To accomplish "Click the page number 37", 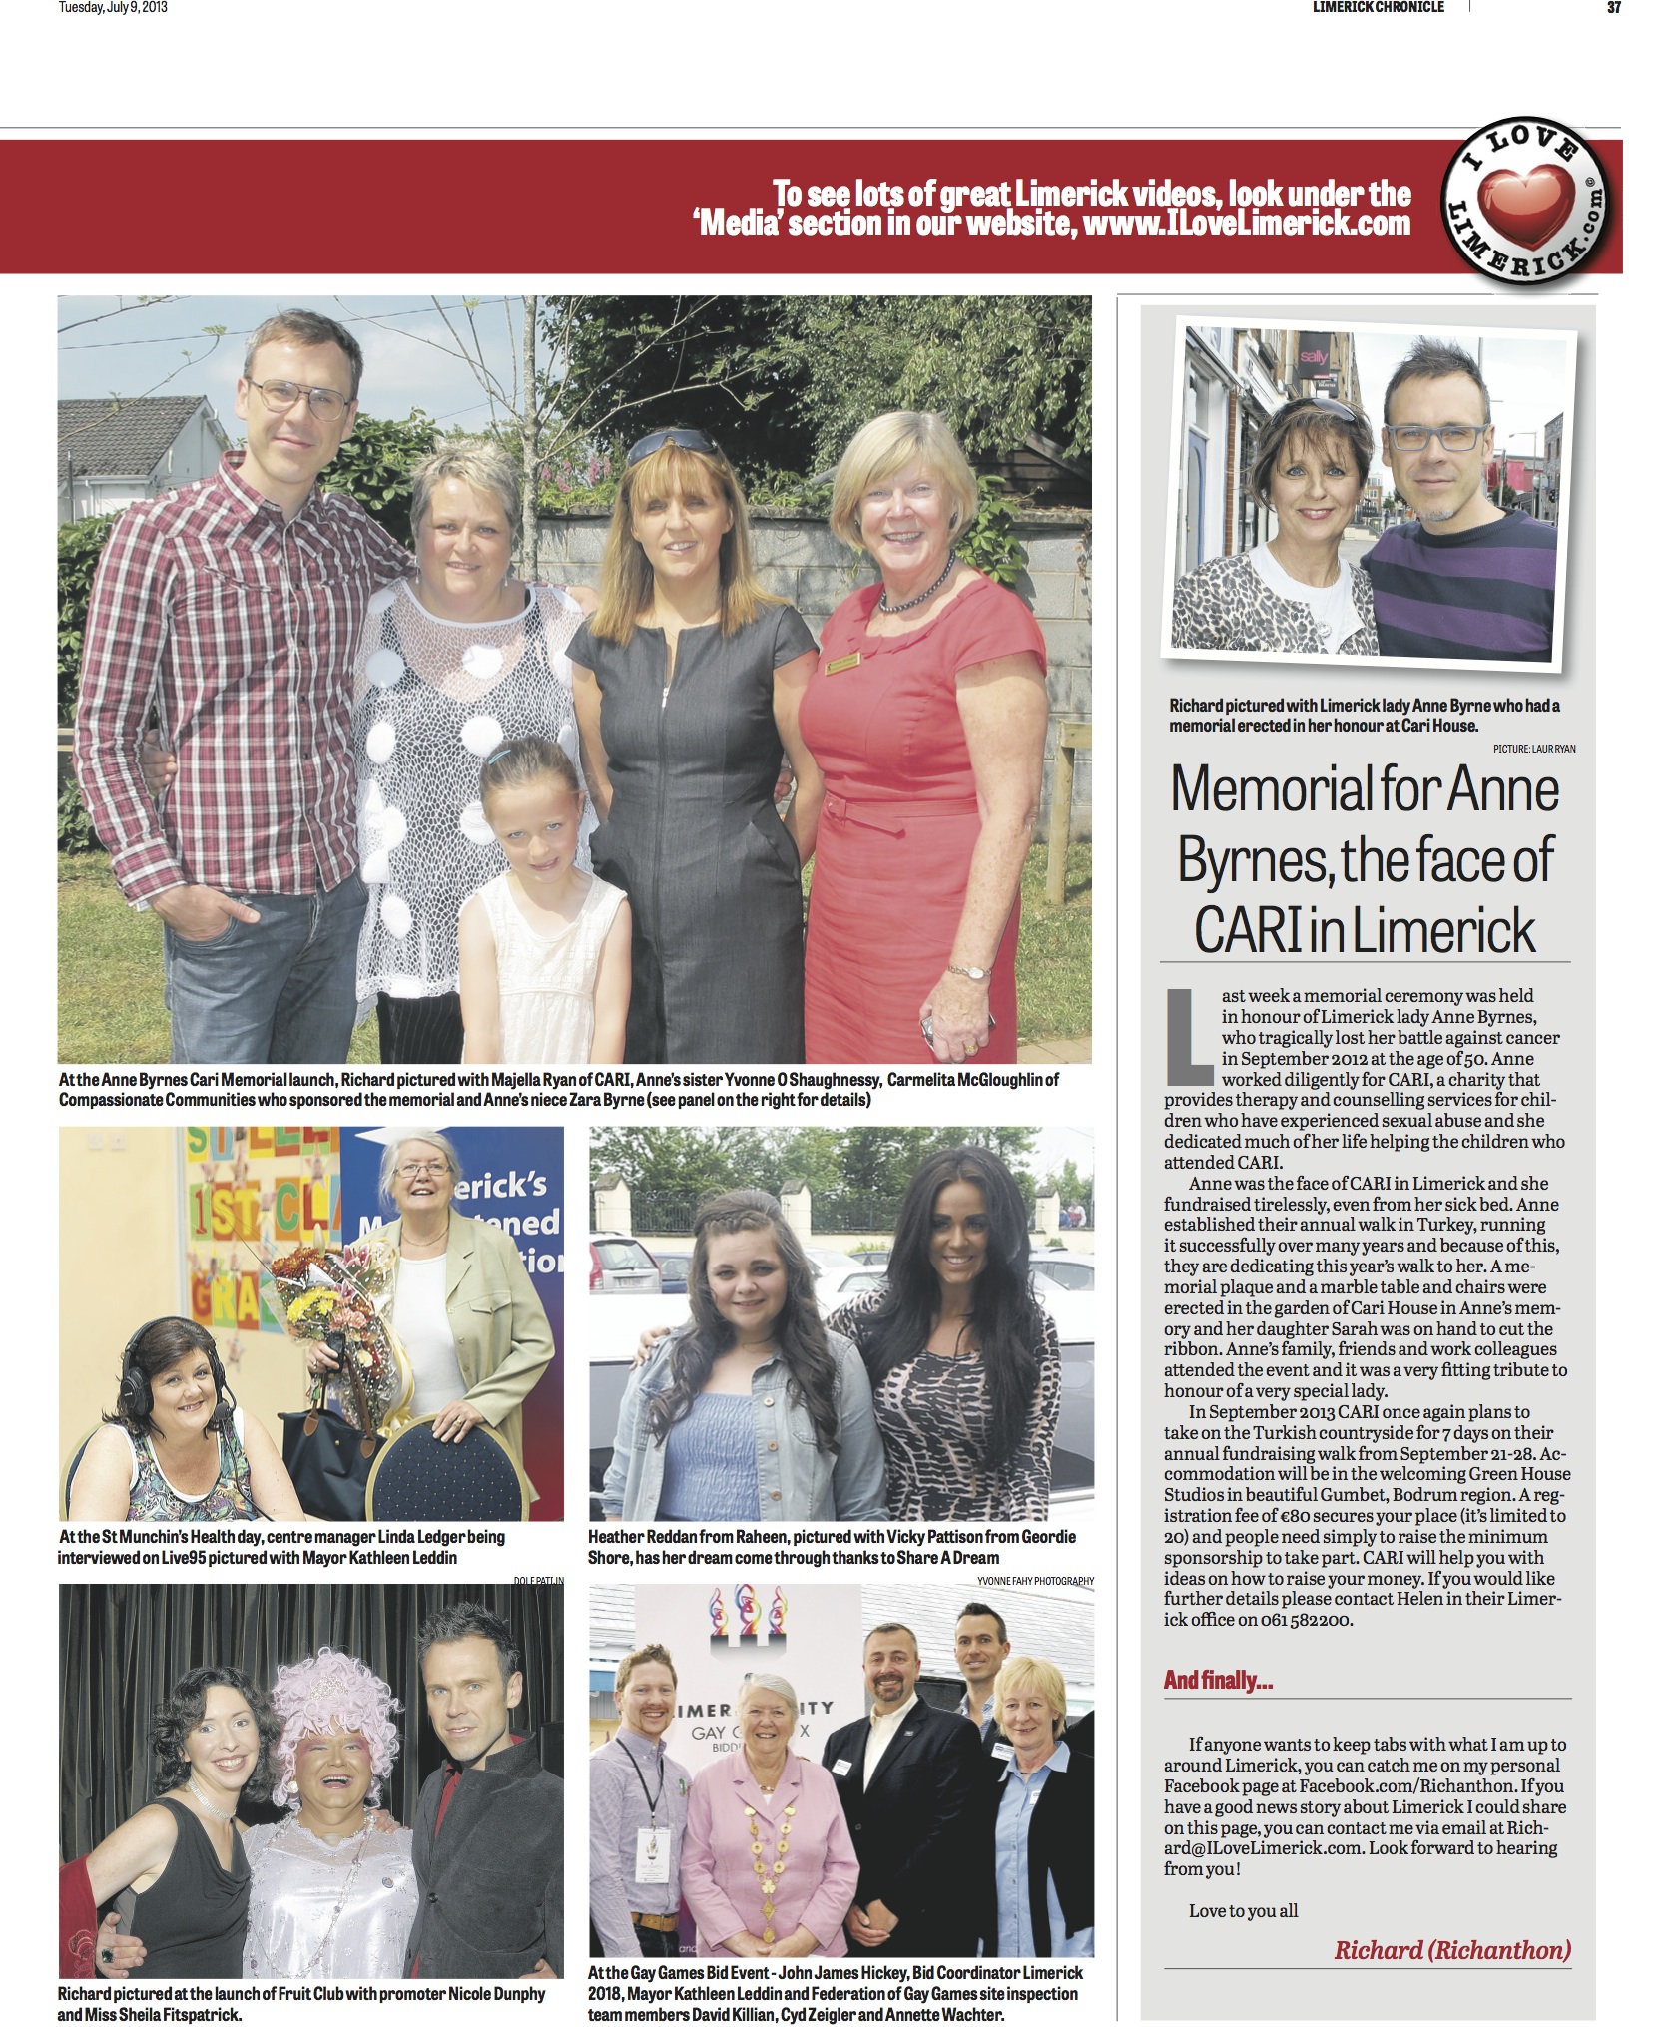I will coord(1613,7).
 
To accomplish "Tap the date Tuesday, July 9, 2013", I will coord(113,7).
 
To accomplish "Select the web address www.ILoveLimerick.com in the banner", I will coord(1247,223).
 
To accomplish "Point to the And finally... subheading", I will coord(1217,1679).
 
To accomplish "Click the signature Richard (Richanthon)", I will coord(1452,1948).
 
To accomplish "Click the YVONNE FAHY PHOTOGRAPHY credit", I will coord(1035,1580).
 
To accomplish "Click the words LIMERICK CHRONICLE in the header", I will coord(1378,7).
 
